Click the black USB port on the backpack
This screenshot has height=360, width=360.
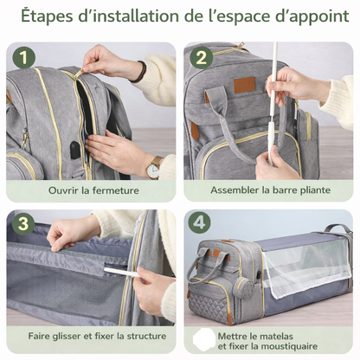[76, 149]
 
